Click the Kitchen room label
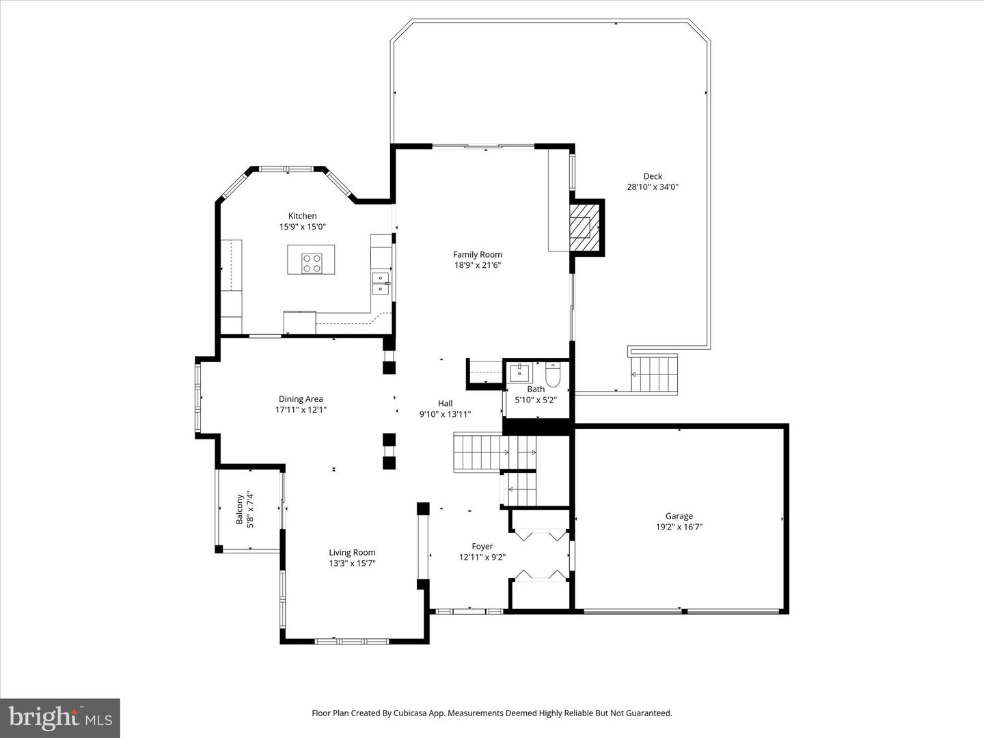(302, 216)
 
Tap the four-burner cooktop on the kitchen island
(312, 263)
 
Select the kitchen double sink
(380, 283)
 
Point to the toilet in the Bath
(553, 375)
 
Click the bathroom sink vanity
(520, 373)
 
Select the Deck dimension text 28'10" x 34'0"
(653, 187)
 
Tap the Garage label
(679, 516)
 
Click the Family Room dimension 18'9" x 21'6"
(478, 265)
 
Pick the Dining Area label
(301, 399)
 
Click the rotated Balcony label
(240, 509)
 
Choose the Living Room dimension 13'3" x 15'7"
(352, 563)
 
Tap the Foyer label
(482, 546)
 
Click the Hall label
(445, 403)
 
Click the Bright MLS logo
(60, 717)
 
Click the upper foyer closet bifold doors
(539, 534)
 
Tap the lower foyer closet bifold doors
(540, 575)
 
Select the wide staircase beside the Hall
(477, 452)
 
